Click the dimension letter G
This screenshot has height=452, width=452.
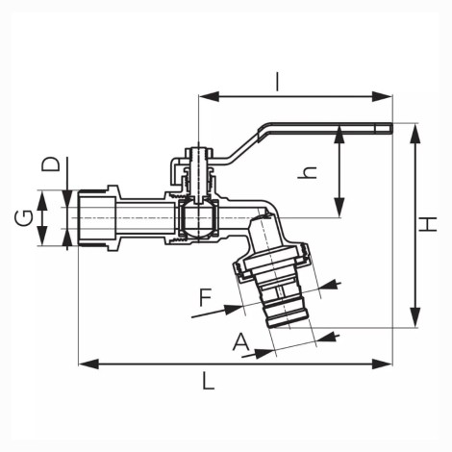pos(23,218)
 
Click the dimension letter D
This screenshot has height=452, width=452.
pos(51,164)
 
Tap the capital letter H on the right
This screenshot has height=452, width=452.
pos(428,224)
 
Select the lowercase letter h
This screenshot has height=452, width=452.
pos(308,172)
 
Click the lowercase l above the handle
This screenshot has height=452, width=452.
pos(278,82)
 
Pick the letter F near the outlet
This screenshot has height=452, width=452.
pos(206,297)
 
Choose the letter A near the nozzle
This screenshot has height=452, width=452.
pos(241,341)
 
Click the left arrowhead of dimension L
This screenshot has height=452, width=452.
pos(88,364)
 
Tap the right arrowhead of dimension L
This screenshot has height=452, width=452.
pos(382,364)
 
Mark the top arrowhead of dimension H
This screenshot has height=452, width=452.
pos(415,134)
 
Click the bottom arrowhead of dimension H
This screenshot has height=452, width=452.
pos(415,317)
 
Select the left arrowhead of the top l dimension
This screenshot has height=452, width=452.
pos(209,96)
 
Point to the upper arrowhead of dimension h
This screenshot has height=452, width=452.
pos(339,136)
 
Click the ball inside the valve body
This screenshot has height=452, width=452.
pos(199,218)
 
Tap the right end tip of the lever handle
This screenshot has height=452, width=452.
pos(391,128)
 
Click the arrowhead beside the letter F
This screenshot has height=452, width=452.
pos(235,309)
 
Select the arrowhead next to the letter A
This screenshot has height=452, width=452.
pos(266,353)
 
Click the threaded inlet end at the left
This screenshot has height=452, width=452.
pos(96,218)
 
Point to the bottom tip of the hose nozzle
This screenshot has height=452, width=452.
pos(275,327)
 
